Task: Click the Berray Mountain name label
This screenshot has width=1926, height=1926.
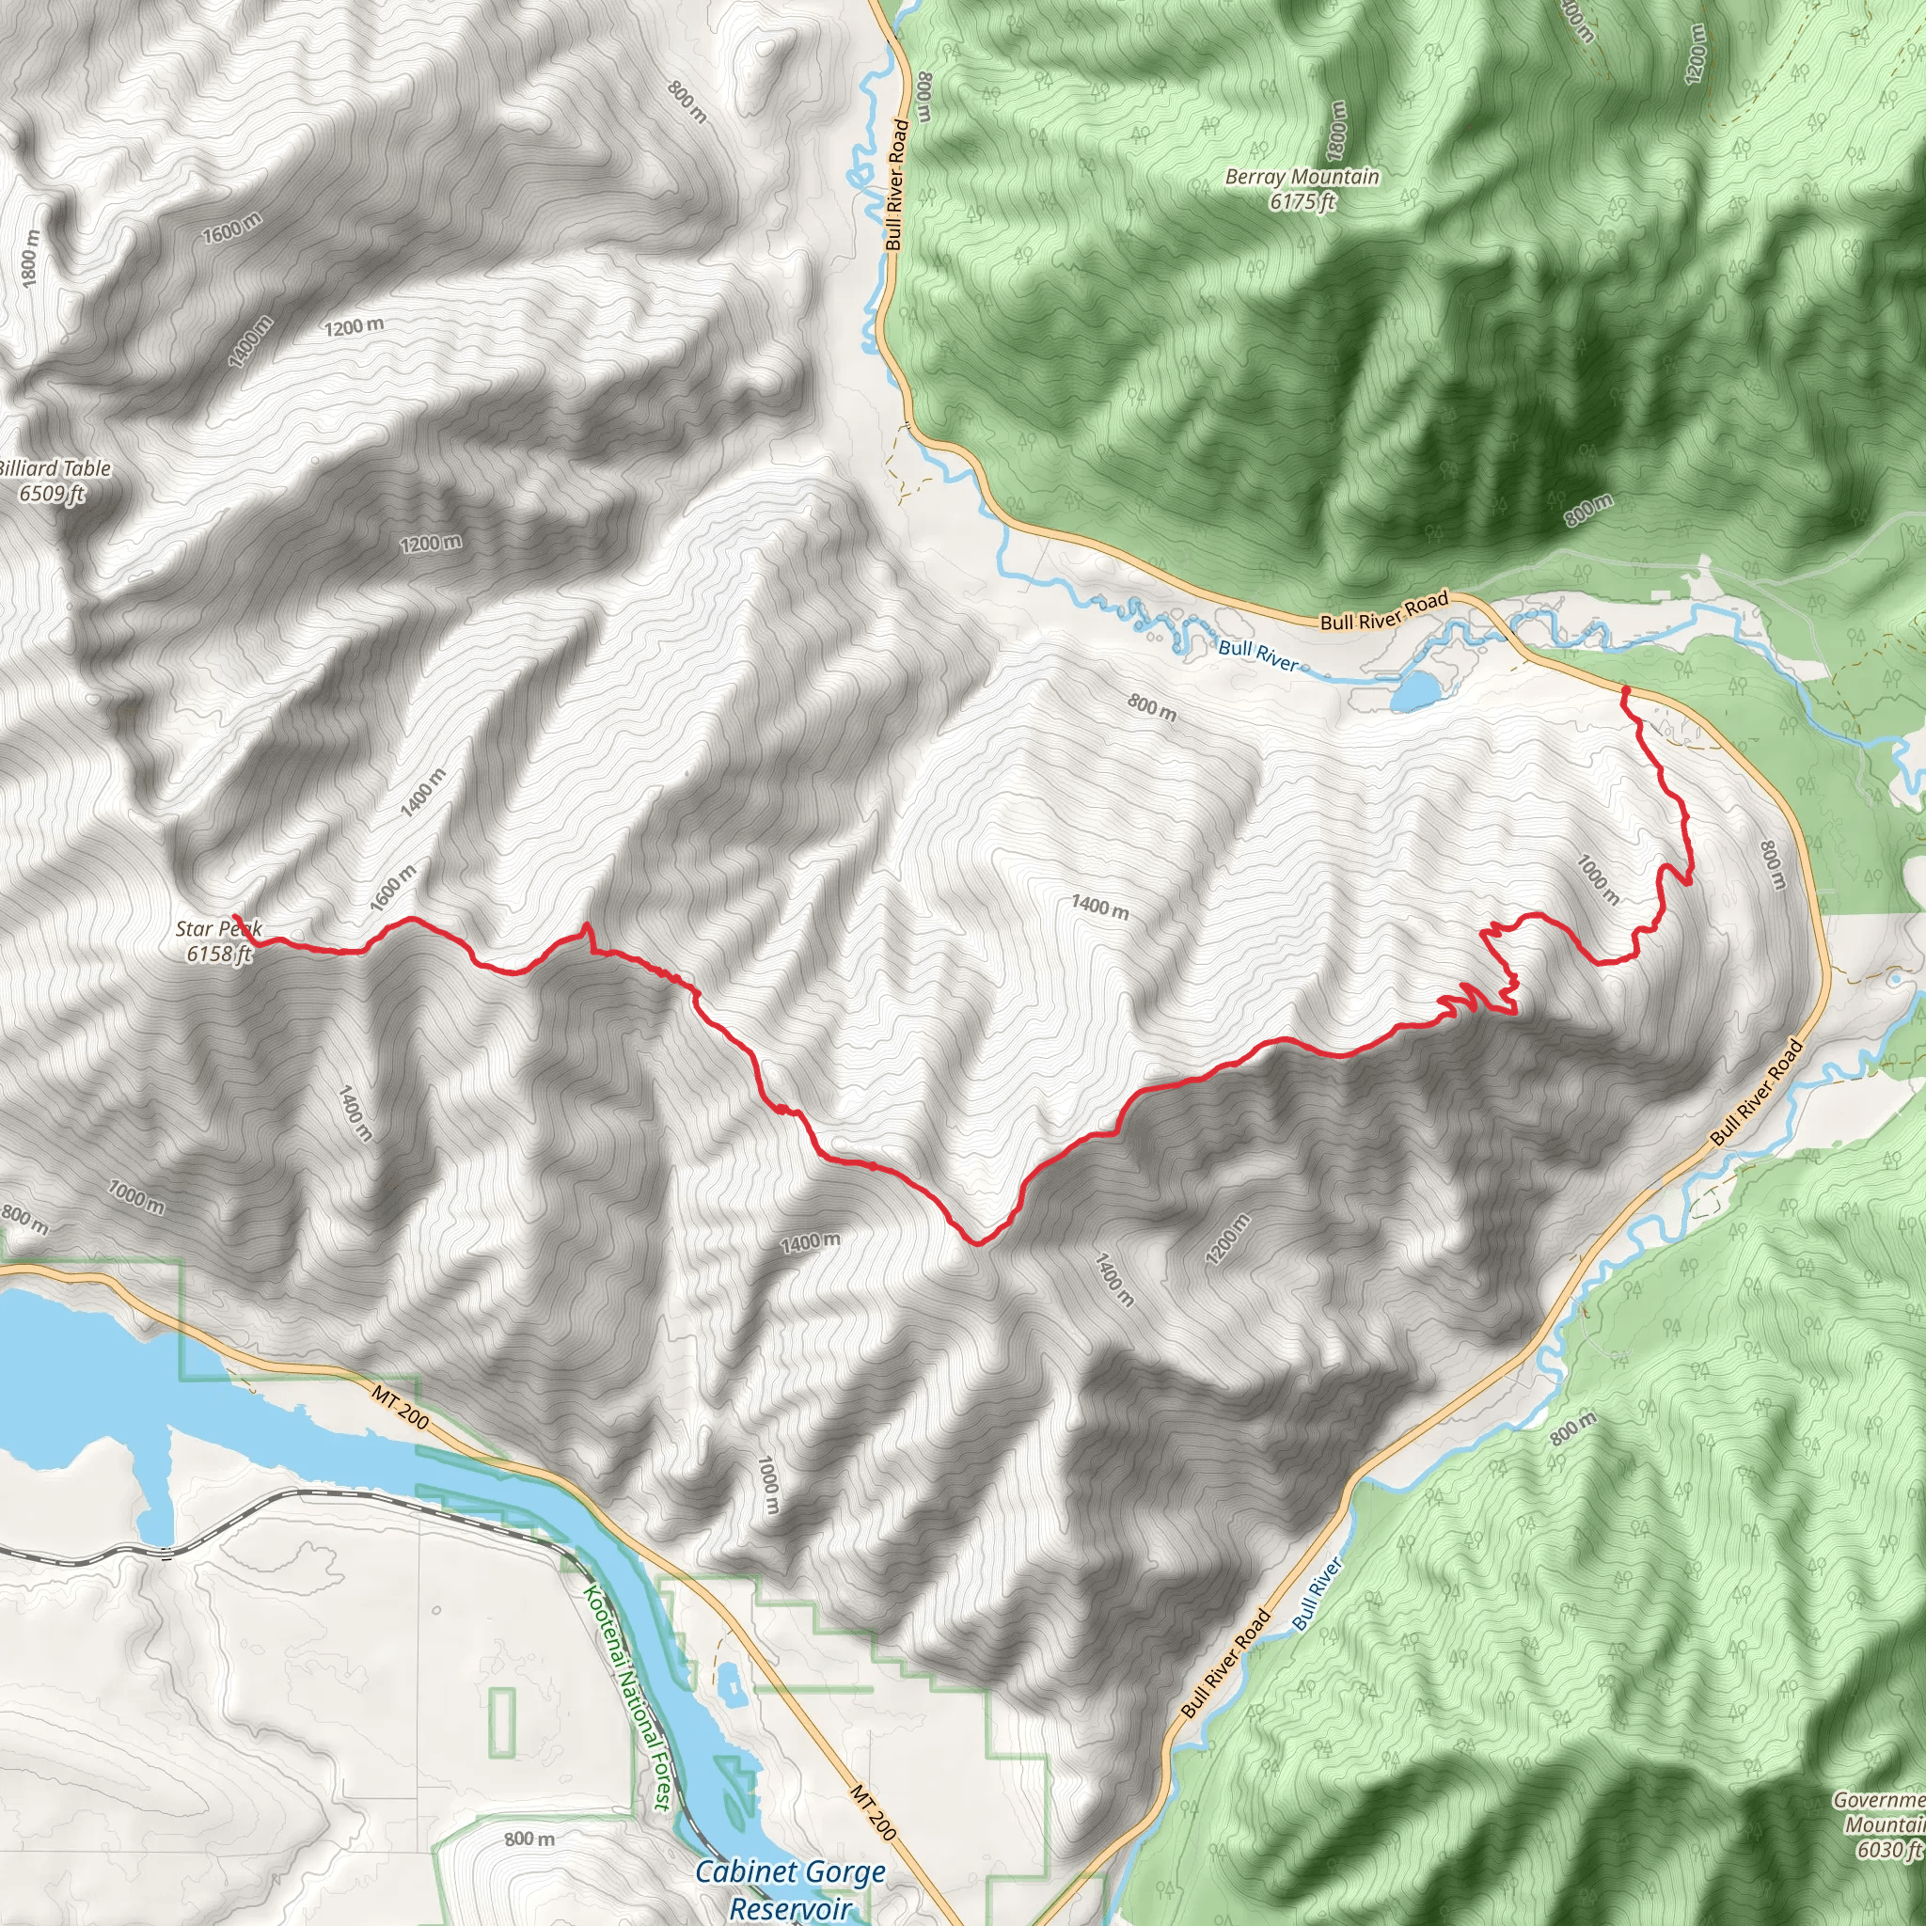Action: [1302, 178]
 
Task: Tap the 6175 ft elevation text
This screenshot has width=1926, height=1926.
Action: [1302, 202]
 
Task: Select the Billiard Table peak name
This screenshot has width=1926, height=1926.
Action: [54, 468]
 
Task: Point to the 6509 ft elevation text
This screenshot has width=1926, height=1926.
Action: [52, 494]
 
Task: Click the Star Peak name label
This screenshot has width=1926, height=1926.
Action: [218, 929]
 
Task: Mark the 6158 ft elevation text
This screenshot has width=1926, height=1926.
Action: [219, 954]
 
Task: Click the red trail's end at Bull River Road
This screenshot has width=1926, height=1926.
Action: [1626, 690]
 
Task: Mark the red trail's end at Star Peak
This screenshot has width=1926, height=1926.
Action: [235, 916]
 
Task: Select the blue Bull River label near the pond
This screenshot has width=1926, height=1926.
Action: [1258, 655]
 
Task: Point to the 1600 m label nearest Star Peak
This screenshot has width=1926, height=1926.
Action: [393, 888]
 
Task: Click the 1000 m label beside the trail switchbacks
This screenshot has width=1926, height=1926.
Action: [1598, 878]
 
